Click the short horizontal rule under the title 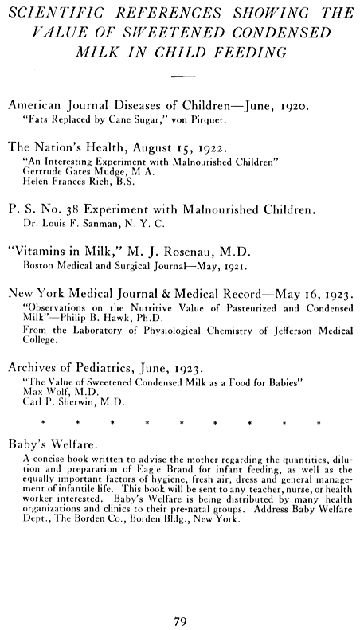(x=183, y=75)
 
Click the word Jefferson (x=276, y=331)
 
